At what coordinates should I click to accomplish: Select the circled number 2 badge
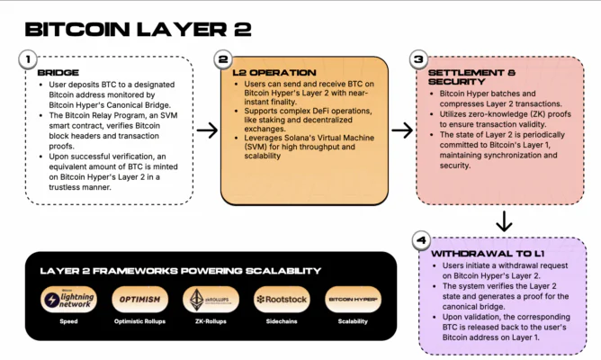coord(224,59)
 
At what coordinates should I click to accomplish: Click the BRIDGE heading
coord(58,72)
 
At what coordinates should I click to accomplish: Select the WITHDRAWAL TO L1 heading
coord(489,254)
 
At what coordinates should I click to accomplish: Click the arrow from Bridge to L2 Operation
coord(208,130)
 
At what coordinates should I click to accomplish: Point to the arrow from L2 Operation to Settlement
coord(403,130)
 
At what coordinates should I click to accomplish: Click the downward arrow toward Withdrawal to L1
coord(505,219)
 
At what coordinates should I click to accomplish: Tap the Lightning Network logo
coord(68,299)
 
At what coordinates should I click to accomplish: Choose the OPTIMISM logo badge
coord(139,299)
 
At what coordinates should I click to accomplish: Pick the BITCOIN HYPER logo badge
coord(352,299)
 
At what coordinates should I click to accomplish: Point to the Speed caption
coord(68,320)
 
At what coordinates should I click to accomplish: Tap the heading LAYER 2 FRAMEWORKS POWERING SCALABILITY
coord(180,271)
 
